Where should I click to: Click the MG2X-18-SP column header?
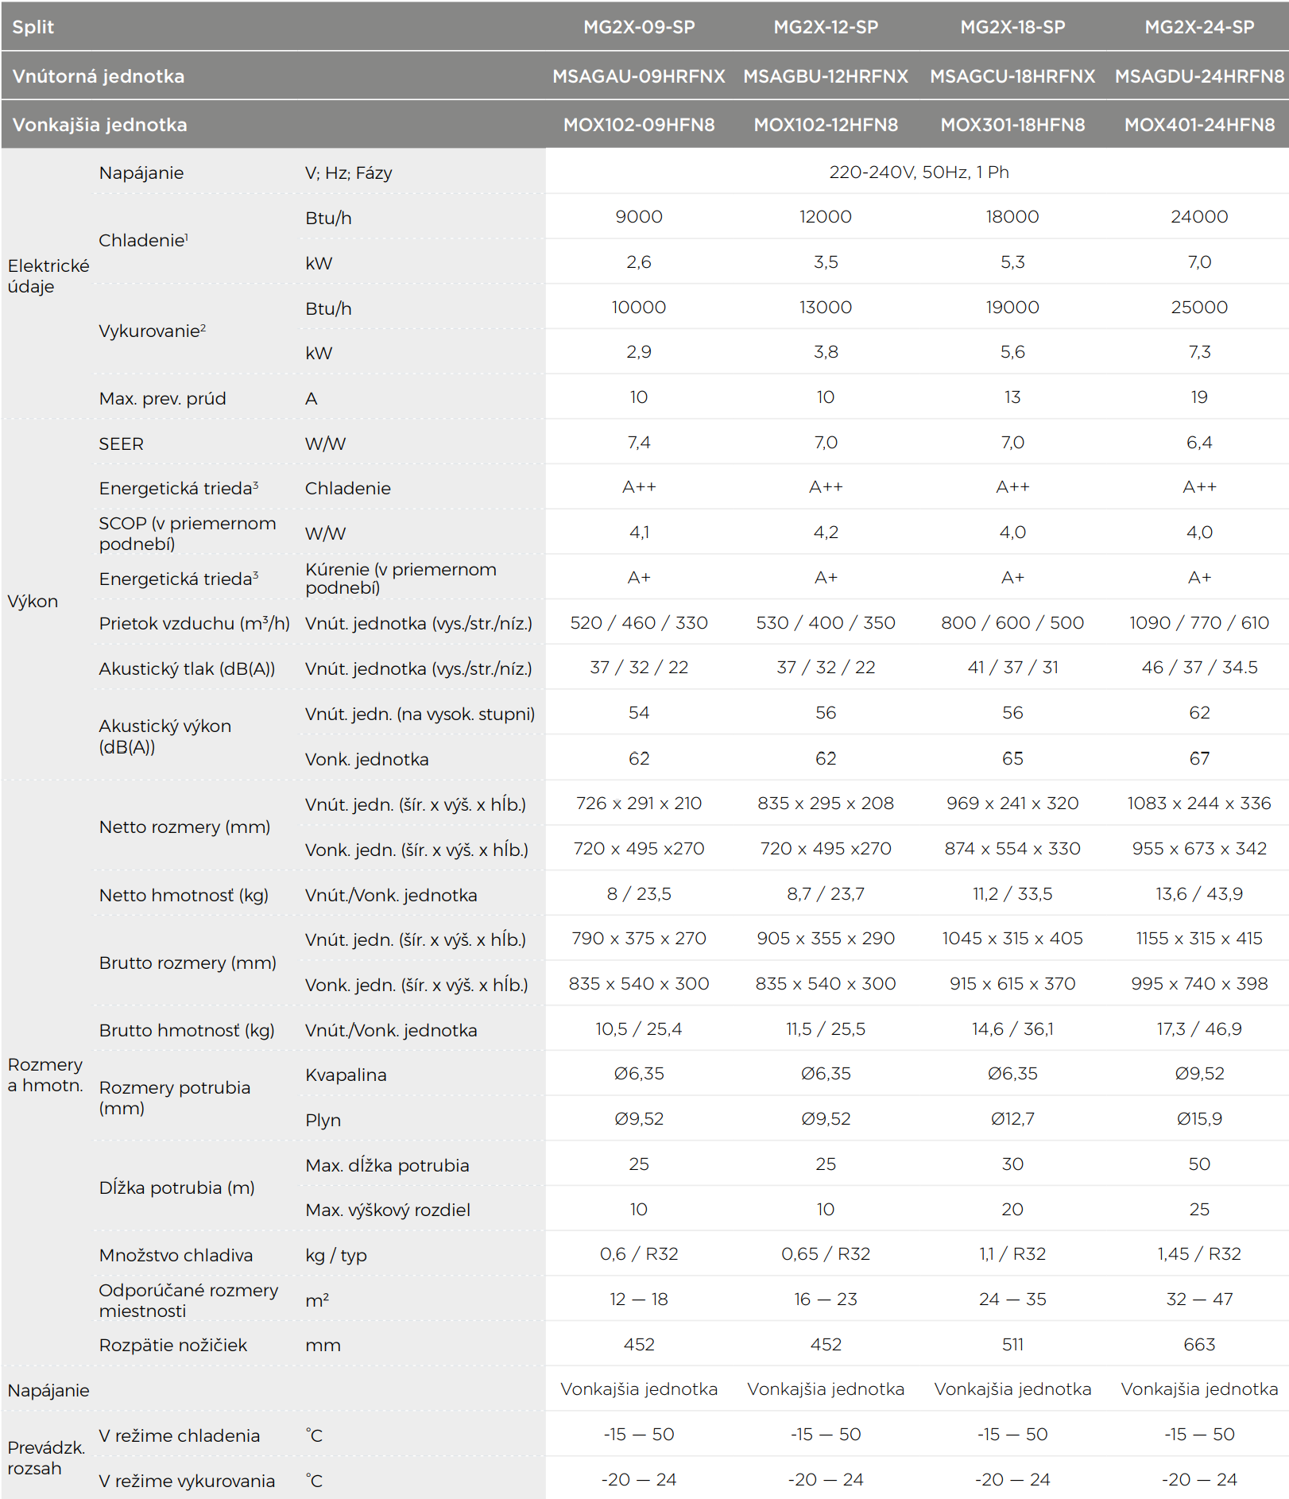[x=1012, y=27]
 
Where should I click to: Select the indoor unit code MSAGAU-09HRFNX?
[x=639, y=76]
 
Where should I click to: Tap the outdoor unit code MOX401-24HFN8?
[x=1199, y=125]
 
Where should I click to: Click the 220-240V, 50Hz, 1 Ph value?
[x=919, y=172]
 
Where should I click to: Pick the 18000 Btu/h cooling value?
[x=1012, y=216]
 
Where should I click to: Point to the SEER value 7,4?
[x=639, y=442]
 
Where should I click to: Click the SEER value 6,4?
[x=1199, y=442]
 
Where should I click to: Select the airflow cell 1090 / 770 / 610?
[x=1199, y=622]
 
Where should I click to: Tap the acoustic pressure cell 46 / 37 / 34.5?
[x=1199, y=667]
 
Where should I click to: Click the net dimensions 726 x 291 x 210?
[x=639, y=803]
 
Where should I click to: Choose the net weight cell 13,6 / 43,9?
[x=1199, y=893]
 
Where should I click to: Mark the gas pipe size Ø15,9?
[x=1199, y=1118]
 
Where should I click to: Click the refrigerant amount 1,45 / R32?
[x=1199, y=1253]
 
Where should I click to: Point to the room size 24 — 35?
[x=1012, y=1299]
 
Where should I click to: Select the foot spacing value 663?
[x=1199, y=1344]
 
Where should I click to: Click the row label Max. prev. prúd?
[x=162, y=398]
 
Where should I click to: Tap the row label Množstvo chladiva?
[x=176, y=1255]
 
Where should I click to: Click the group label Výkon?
[x=33, y=601]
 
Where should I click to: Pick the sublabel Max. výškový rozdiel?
[x=388, y=1210]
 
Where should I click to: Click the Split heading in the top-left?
[x=33, y=27]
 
